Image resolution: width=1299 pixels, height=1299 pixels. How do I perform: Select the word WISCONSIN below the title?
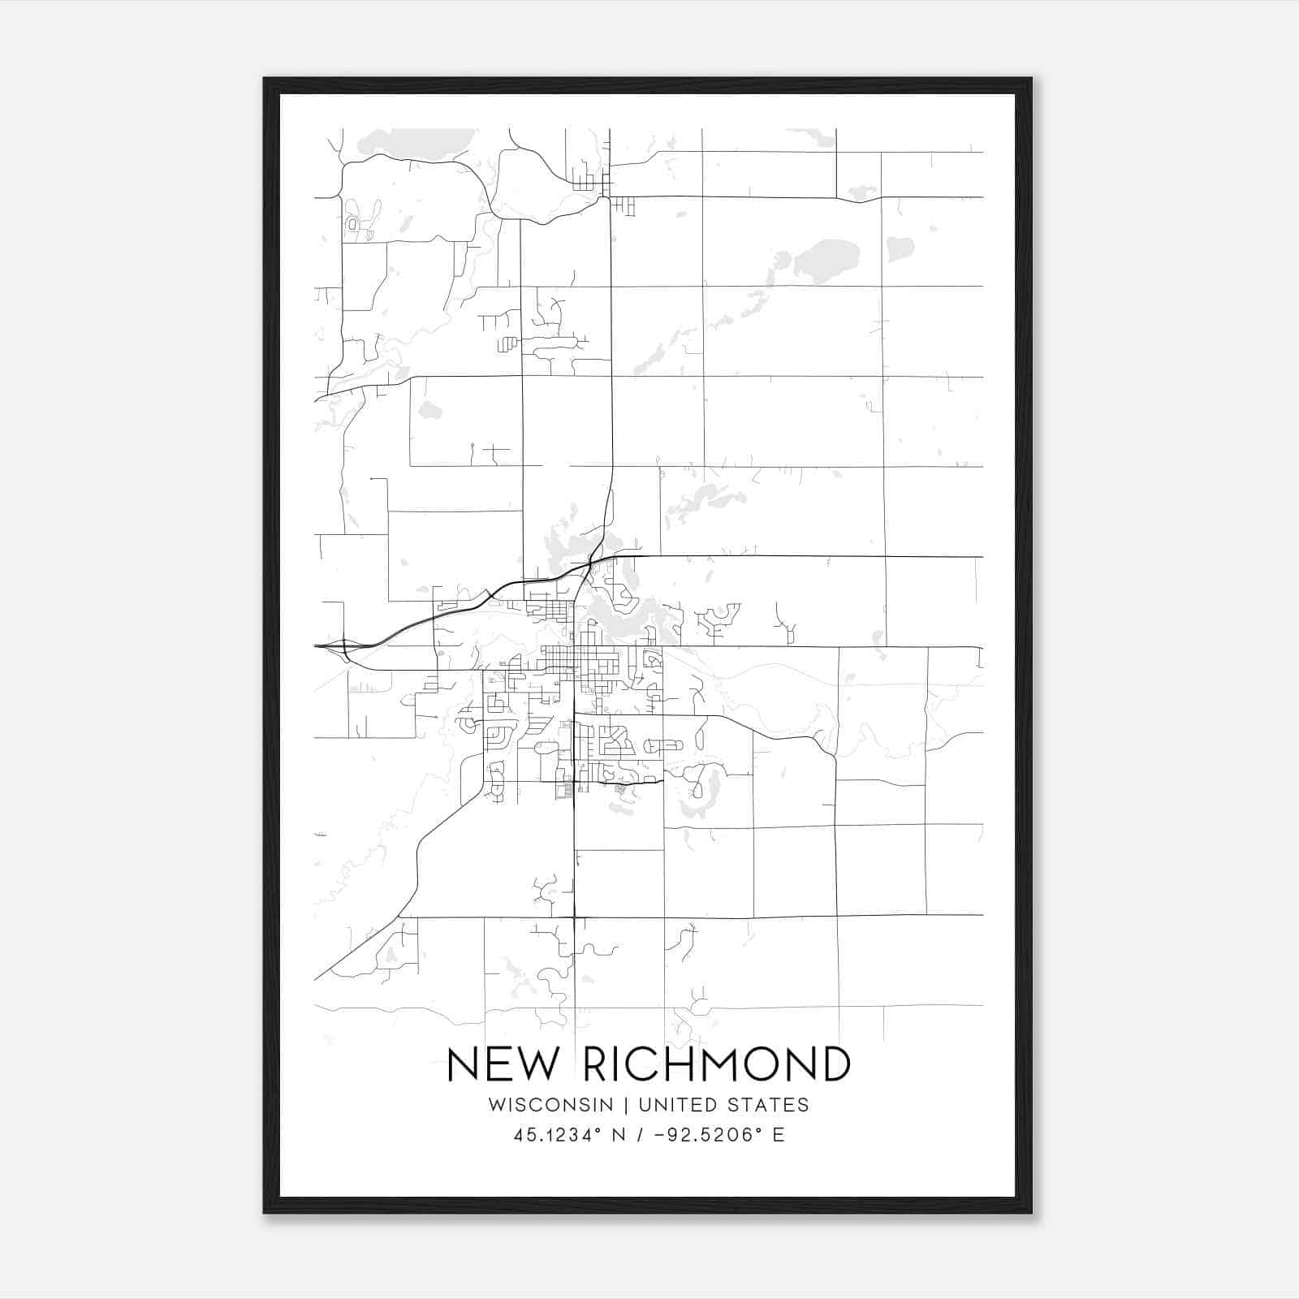pos(551,1105)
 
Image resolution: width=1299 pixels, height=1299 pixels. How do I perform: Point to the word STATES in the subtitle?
pos(769,1105)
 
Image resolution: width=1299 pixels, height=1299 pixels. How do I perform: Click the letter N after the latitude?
pos(619,1135)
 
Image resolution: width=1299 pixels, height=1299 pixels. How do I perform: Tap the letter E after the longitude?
pos(779,1135)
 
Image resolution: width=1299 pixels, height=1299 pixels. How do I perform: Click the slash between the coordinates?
pos(641,1135)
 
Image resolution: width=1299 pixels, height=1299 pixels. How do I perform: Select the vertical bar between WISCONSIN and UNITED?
pos(626,1105)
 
